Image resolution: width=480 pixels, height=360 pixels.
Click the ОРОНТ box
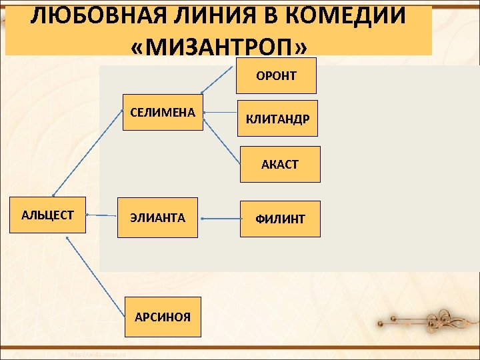coord(276,75)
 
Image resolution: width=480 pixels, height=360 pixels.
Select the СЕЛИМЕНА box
coord(163,112)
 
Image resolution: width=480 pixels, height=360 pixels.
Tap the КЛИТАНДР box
coord(277,119)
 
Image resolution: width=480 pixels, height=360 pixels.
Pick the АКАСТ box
coord(280,164)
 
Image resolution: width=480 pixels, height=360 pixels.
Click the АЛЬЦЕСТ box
coord(47,215)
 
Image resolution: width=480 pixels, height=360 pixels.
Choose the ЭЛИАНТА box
coord(158,218)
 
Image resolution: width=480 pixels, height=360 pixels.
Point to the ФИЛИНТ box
coord(280,219)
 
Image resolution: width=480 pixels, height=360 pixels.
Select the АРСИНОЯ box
coord(162,317)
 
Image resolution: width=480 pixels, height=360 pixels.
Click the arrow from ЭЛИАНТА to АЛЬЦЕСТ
coord(102,215)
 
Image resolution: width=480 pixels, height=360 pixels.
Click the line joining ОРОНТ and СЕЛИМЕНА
coord(219,79)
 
